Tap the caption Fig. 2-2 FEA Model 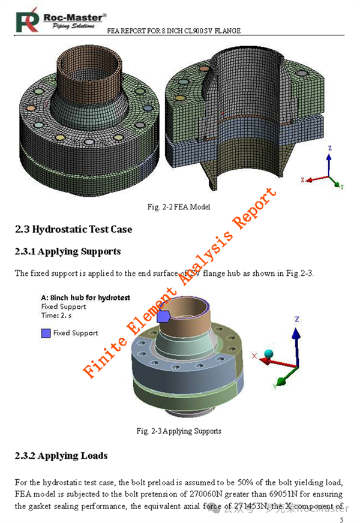tap(179, 207)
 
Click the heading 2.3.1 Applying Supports tap(68, 251)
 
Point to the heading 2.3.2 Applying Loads tap(61, 456)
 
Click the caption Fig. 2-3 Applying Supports tap(179, 431)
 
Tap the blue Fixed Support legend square tap(46, 333)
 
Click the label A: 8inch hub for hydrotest tap(85, 297)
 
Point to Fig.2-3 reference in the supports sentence tap(295, 273)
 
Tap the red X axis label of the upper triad tap(303, 179)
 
